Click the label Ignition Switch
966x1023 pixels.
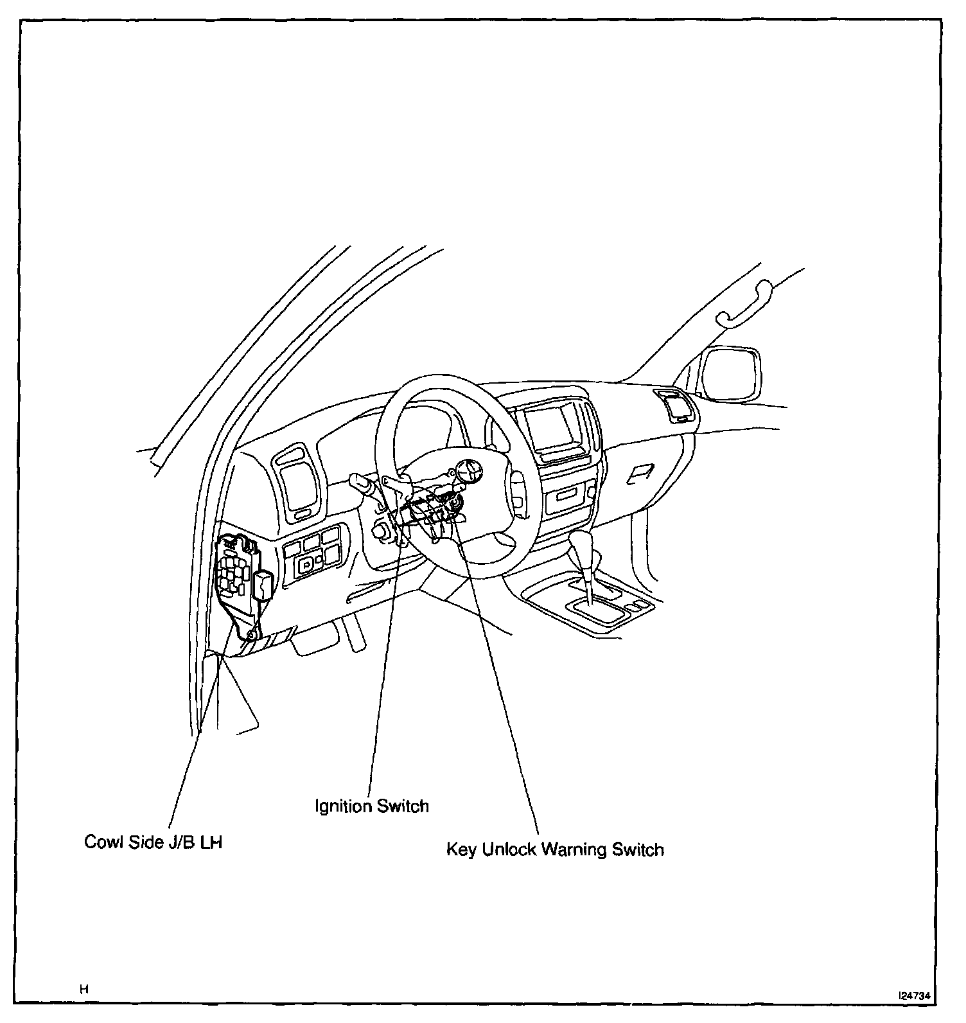click(x=371, y=806)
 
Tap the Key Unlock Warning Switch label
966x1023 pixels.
click(x=555, y=850)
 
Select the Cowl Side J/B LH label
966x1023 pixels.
click(x=153, y=842)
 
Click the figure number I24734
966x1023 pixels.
click(x=914, y=995)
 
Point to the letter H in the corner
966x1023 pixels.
click(x=83, y=990)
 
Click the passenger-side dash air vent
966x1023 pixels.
click(x=674, y=405)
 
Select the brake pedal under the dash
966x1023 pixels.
click(x=315, y=639)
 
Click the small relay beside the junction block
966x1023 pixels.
click(x=264, y=585)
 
